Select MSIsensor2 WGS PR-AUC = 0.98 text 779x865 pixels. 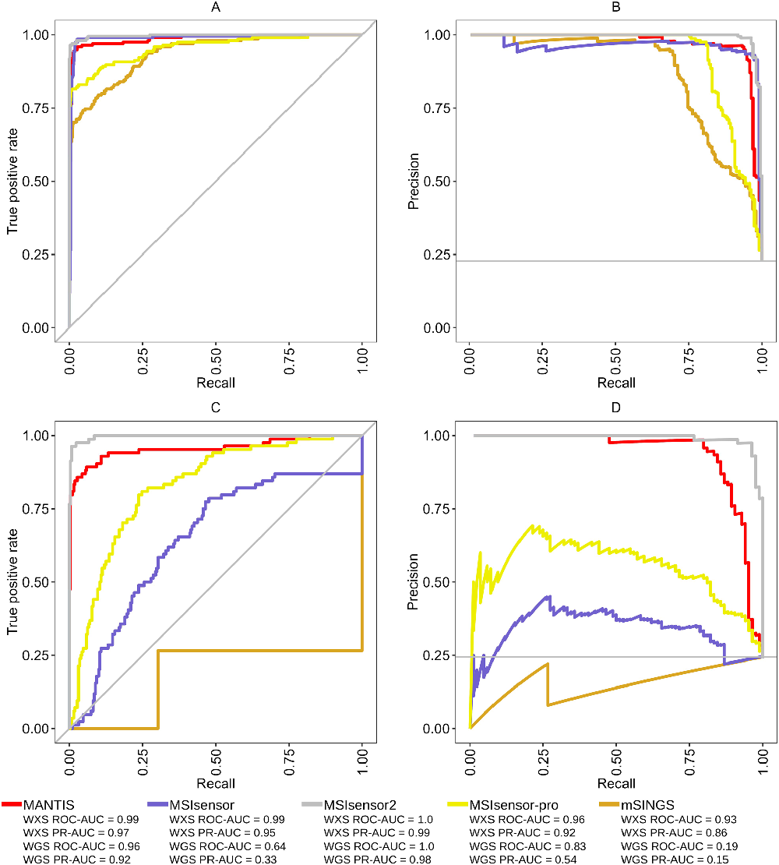[x=378, y=859]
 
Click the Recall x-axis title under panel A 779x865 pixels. [x=216, y=383]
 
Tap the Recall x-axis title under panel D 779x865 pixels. [x=616, y=783]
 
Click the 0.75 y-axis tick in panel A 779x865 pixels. [x=38, y=108]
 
